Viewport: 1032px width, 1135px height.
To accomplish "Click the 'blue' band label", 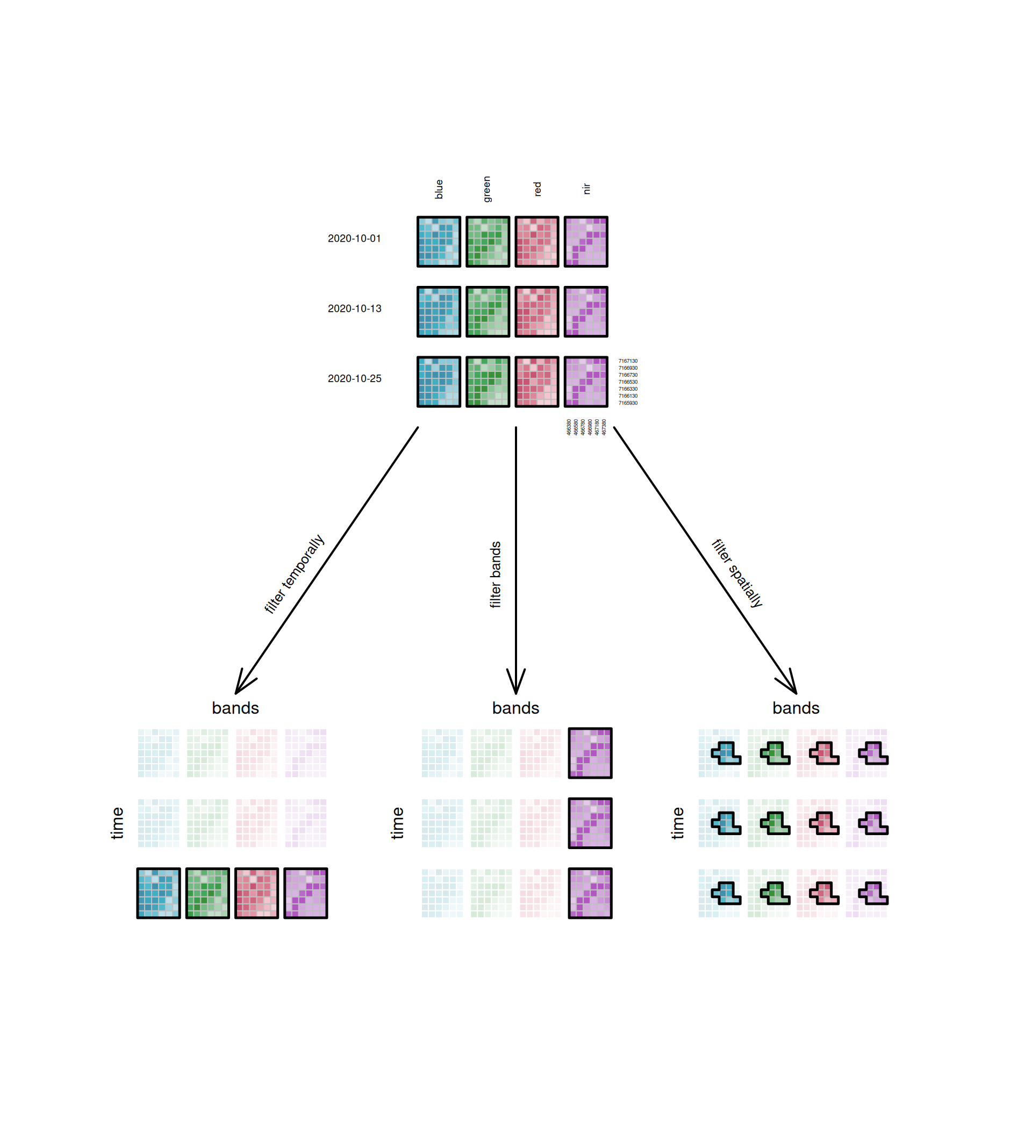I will tap(439, 189).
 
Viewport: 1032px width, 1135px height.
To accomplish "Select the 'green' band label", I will tap(487, 189).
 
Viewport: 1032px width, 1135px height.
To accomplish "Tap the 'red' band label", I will tap(537, 189).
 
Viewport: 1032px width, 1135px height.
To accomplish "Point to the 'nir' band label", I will tap(586, 189).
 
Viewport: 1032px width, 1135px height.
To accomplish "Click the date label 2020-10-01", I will tap(354, 239).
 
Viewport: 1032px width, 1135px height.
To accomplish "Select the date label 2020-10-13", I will tap(354, 308).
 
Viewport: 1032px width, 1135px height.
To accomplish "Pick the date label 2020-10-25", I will tap(354, 379).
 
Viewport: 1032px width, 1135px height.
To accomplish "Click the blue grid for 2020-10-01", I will tap(439, 241).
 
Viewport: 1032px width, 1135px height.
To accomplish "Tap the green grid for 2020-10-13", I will tap(488, 312).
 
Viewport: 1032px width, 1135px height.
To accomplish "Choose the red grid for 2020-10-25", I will tap(536, 382).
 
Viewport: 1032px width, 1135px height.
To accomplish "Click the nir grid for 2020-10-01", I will tap(585, 241).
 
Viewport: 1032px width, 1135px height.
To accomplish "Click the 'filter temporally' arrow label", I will tap(294, 573).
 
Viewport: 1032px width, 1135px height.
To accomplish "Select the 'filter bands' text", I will tap(495, 575).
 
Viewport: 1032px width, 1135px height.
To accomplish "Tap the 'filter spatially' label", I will tap(737, 573).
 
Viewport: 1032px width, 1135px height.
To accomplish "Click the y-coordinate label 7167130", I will tap(628, 361).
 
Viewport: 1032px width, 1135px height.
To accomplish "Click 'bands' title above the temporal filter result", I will tap(235, 708).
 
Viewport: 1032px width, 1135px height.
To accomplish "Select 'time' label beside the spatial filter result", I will tap(678, 823).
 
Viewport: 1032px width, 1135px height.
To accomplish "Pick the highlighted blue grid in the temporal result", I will tap(159, 894).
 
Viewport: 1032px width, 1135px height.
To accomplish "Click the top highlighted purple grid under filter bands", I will tap(590, 753).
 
